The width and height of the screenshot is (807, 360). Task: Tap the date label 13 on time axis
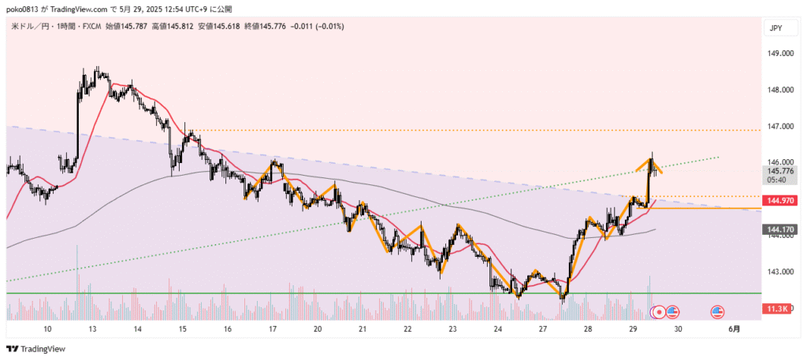pos(92,329)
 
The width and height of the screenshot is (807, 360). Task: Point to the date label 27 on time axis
pos(543,329)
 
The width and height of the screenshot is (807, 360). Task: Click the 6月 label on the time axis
pos(734,329)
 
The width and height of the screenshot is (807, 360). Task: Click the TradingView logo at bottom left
pos(36,349)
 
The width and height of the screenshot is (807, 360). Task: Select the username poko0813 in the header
pos(24,9)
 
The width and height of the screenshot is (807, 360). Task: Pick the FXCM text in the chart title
pos(84,26)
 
